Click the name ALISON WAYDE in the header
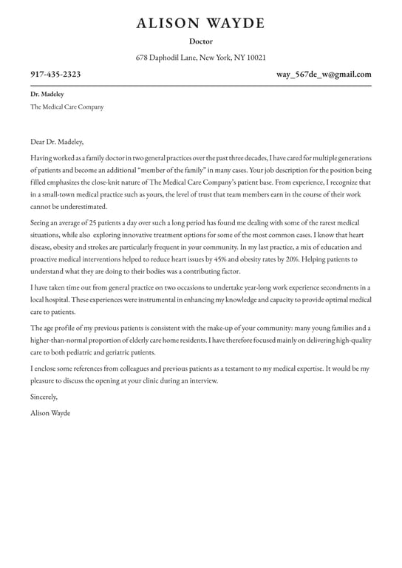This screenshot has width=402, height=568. [x=200, y=24]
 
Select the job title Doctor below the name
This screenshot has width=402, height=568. [x=200, y=41]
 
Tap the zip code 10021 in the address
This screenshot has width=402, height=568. [x=256, y=58]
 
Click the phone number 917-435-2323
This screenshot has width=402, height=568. [x=55, y=75]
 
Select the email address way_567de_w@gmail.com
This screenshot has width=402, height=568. [x=324, y=75]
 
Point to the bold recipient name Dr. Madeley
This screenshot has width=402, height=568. [x=47, y=95]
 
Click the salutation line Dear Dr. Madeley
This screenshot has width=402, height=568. [x=57, y=142]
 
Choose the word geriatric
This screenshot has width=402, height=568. [x=120, y=352]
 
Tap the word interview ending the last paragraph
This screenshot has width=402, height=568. [x=204, y=380]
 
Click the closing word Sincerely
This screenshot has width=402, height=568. [x=44, y=397]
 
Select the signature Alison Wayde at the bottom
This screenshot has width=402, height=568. [x=50, y=413]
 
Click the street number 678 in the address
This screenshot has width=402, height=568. [x=143, y=58]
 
